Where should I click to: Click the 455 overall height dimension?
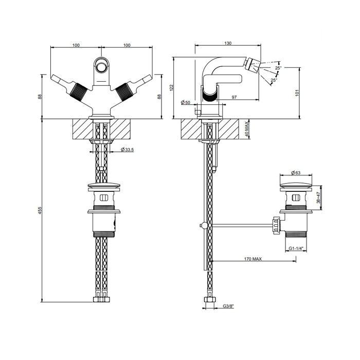[x=40, y=210]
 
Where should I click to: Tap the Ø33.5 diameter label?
[x=127, y=150]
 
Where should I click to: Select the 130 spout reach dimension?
[x=228, y=43]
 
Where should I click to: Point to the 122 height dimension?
[x=171, y=88]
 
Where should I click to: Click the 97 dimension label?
[x=234, y=97]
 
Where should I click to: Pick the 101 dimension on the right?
[x=297, y=92]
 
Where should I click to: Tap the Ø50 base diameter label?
[x=186, y=102]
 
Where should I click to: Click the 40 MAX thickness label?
[x=246, y=129]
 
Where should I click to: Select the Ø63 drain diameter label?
[x=296, y=173]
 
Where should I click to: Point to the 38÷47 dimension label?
[x=318, y=197]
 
